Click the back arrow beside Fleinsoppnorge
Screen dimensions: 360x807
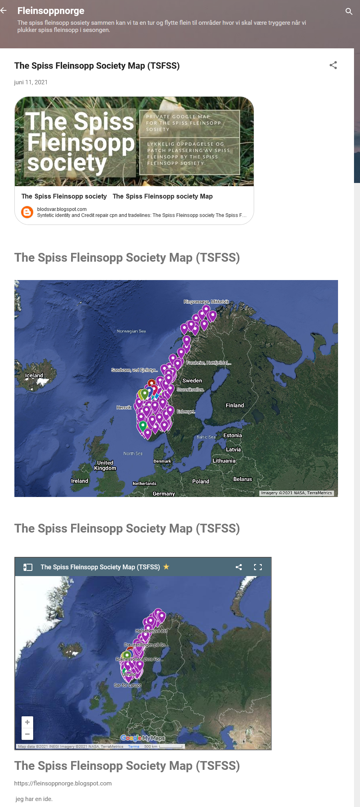pyautogui.click(x=4, y=11)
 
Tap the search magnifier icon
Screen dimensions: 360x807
pyautogui.click(x=349, y=11)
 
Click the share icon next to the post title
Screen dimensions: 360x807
pyautogui.click(x=333, y=65)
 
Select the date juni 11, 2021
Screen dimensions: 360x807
pyautogui.click(x=31, y=82)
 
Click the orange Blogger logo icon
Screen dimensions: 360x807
pyautogui.click(x=27, y=212)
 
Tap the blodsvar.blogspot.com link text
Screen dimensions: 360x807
pyautogui.click(x=62, y=209)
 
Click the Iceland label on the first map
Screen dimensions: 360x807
pyautogui.click(x=34, y=376)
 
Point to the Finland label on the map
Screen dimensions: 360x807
pyautogui.click(x=235, y=405)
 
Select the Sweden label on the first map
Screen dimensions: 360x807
pyautogui.click(x=192, y=381)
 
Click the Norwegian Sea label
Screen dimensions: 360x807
pyautogui.click(x=131, y=331)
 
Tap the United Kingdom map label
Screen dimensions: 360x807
pyautogui.click(x=105, y=465)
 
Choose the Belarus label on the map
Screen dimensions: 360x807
pyautogui.click(x=243, y=479)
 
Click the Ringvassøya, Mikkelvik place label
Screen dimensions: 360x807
pyautogui.click(x=206, y=302)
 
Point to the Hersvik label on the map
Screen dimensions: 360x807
pyautogui.click(x=124, y=407)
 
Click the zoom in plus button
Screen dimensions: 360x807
pyautogui.click(x=27, y=722)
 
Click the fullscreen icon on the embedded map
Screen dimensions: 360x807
pyautogui.click(x=258, y=567)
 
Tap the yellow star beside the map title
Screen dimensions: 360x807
pyautogui.click(x=166, y=566)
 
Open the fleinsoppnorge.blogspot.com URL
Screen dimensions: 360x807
pyautogui.click(x=63, y=783)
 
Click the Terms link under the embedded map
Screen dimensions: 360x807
pyautogui.click(x=133, y=746)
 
